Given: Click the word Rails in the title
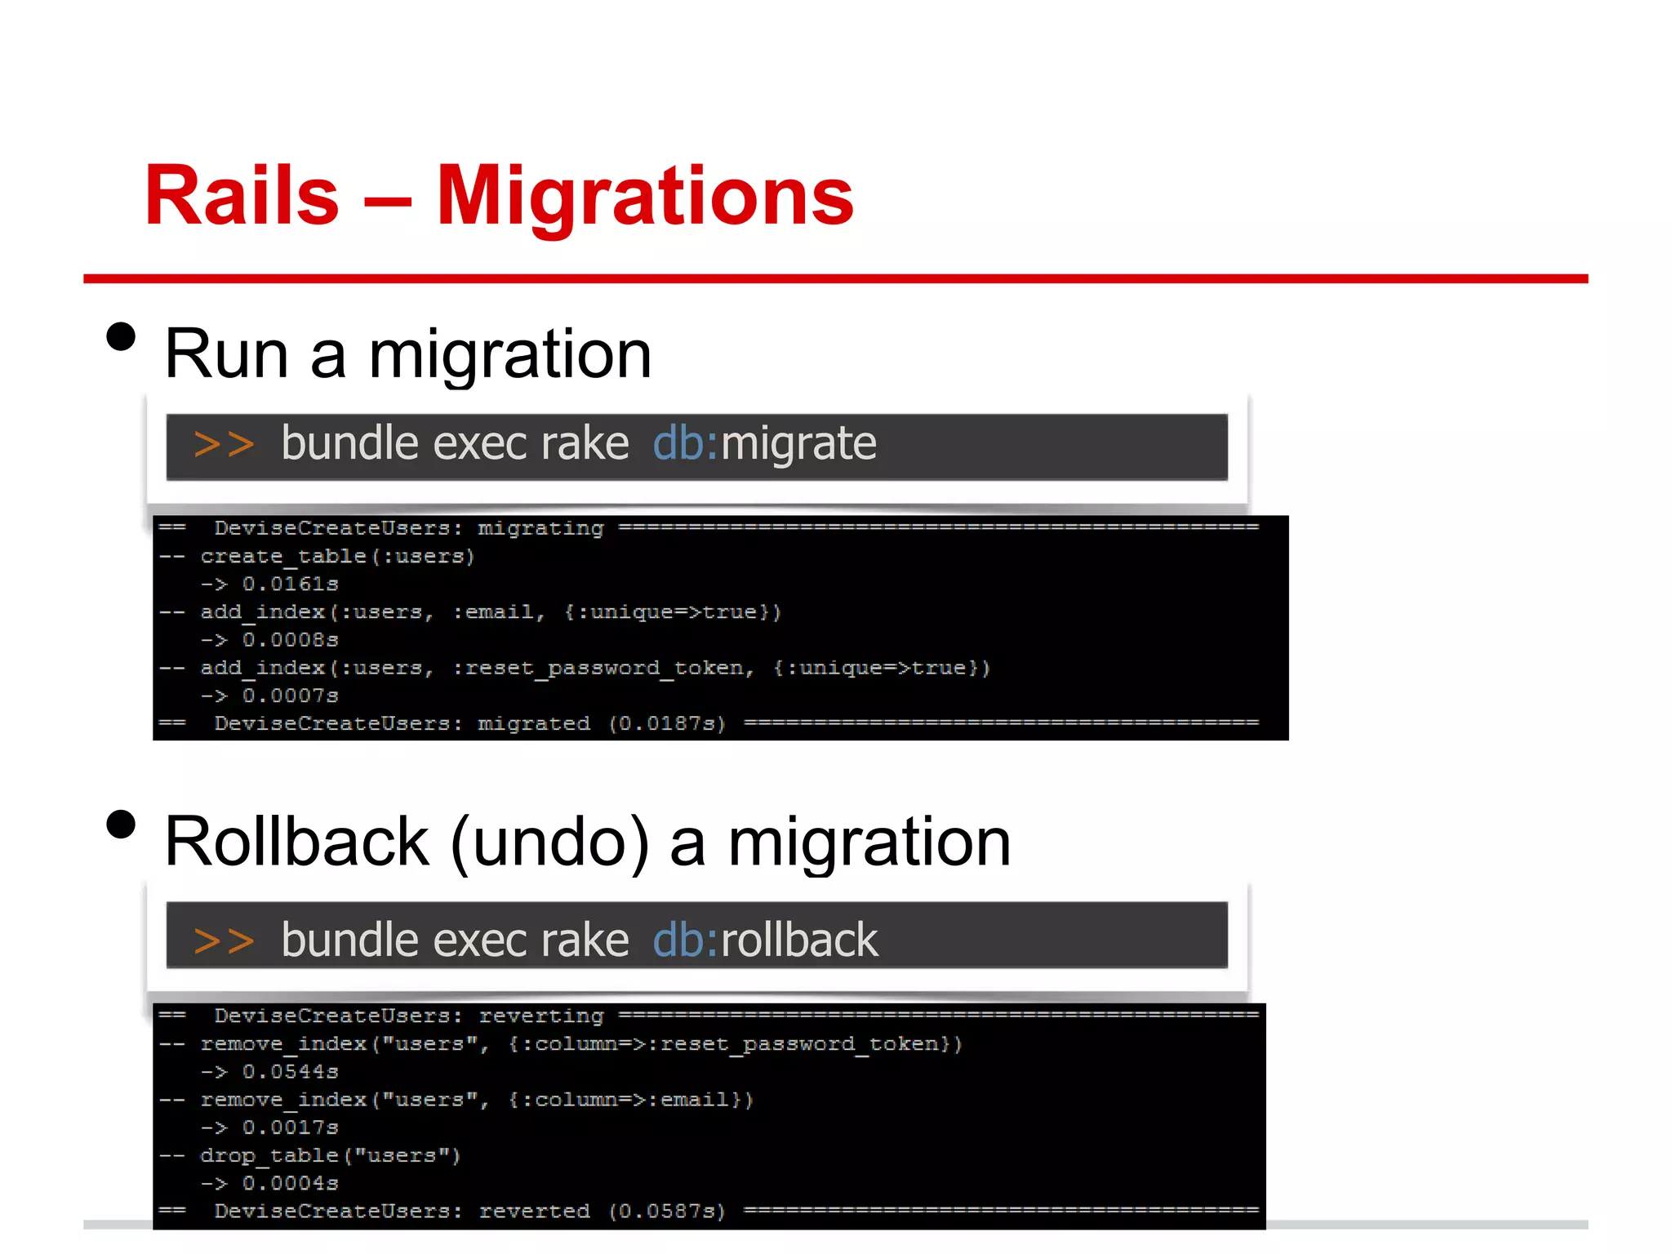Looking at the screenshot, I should tap(242, 196).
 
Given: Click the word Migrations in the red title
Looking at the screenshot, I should tap(645, 196).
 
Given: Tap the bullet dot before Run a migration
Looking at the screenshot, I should tap(121, 336).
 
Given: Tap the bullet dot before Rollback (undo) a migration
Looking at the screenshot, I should tap(121, 825).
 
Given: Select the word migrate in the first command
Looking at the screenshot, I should tap(798, 444).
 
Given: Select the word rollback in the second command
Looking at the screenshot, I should tap(799, 940).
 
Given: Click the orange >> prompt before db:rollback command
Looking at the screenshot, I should tap(224, 940).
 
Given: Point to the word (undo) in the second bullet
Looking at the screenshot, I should tap(550, 843).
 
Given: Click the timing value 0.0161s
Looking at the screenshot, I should tap(290, 585).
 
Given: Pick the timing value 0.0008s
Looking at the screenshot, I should tap(290, 640).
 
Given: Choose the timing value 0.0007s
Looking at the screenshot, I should tap(290, 696).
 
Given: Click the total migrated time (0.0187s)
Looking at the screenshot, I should tap(667, 724).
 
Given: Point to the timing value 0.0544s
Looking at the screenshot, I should tap(290, 1072).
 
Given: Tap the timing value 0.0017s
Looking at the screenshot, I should tap(290, 1128).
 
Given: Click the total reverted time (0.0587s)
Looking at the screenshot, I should tap(667, 1212).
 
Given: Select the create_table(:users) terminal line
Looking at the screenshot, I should tap(337, 557).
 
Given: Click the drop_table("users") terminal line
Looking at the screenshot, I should tap(331, 1156).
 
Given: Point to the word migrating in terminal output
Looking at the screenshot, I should tap(540, 529).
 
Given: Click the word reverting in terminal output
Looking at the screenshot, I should tap(540, 1016).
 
